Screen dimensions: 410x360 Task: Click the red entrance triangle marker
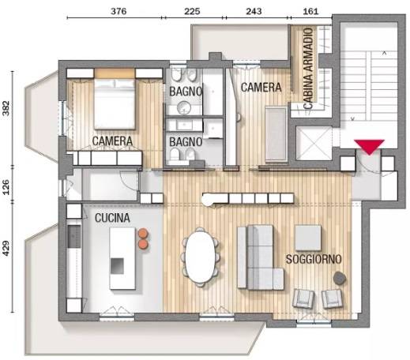pyautogui.click(x=369, y=146)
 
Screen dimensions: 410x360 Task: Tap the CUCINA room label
pyautogui.click(x=112, y=218)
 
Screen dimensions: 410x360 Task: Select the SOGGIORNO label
pyautogui.click(x=314, y=259)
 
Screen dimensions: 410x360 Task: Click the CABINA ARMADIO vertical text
pyautogui.click(x=308, y=69)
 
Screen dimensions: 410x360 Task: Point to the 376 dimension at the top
pyautogui.click(x=118, y=11)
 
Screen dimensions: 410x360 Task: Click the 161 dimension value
pyautogui.click(x=310, y=11)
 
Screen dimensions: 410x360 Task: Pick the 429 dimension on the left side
pyautogui.click(x=6, y=248)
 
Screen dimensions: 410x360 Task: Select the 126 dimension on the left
pyautogui.click(x=6, y=187)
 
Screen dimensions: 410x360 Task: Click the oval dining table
pyautogui.click(x=201, y=257)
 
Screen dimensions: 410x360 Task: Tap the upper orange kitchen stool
pyautogui.click(x=143, y=233)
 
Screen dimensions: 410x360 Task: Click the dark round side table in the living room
pyautogui.click(x=340, y=278)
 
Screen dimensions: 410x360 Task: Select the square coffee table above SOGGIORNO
pyautogui.click(x=308, y=238)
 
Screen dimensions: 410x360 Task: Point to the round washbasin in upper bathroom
pyautogui.click(x=184, y=107)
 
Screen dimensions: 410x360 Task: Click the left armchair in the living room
pyautogui.click(x=303, y=298)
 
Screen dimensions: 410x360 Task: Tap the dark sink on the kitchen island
pyautogui.click(x=117, y=266)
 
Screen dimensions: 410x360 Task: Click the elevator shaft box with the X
pyautogui.click(x=314, y=144)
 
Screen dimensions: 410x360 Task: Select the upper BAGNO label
pyautogui.click(x=186, y=92)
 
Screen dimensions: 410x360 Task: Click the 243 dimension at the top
pyautogui.click(x=254, y=11)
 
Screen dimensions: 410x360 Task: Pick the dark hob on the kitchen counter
pyautogui.click(x=74, y=236)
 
